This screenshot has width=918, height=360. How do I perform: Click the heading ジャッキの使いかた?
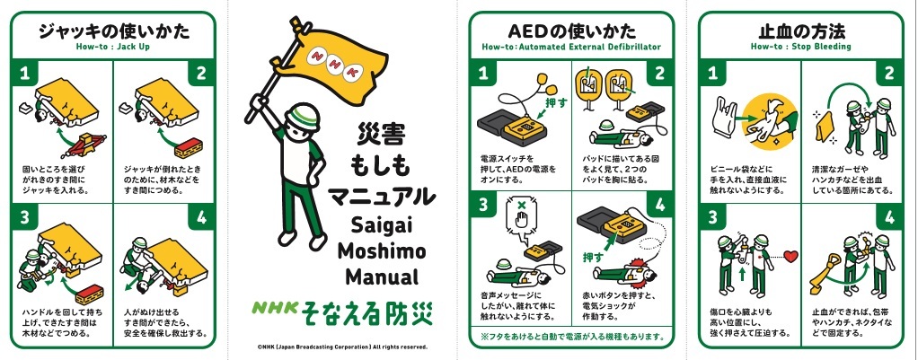[x=113, y=31]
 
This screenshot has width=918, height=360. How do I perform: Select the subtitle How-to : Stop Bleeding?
[x=801, y=47]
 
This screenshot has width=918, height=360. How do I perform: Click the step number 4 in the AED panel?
[x=660, y=205]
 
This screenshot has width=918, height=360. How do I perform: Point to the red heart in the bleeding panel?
[x=791, y=257]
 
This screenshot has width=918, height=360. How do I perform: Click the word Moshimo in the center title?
[x=382, y=253]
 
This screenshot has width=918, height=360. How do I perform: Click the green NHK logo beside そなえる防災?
[x=276, y=307]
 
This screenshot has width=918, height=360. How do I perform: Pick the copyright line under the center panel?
[x=342, y=347]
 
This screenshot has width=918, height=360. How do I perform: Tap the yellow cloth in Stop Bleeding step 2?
[x=825, y=128]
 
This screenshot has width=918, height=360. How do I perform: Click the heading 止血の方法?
[x=801, y=31]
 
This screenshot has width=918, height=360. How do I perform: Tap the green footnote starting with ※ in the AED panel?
[x=572, y=337]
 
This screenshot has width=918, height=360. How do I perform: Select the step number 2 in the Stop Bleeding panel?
[x=890, y=74]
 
